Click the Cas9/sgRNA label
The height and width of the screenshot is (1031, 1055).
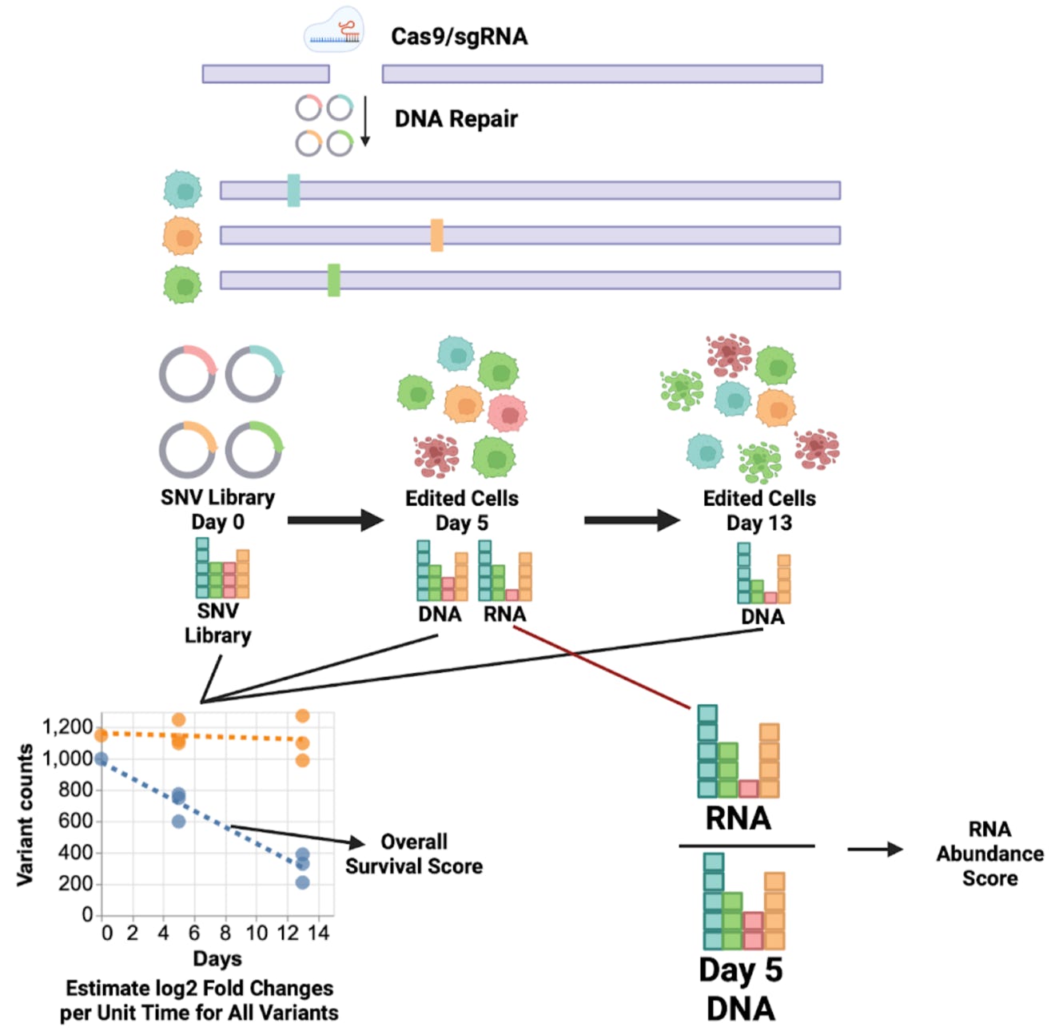pos(459,37)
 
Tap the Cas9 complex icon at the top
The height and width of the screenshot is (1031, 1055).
pos(334,30)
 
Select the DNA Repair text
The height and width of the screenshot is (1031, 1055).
pos(456,119)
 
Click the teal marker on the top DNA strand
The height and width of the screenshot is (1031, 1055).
pos(293,190)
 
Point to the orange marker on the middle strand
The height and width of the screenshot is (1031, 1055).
pos(436,235)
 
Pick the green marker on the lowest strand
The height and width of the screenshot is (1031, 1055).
pos(333,280)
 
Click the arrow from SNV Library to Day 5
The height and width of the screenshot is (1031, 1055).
pos(335,520)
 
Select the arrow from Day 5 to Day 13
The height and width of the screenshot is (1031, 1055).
pos(631,520)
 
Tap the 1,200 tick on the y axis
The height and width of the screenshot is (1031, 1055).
pos(68,726)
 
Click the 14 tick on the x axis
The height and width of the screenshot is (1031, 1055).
pos(318,933)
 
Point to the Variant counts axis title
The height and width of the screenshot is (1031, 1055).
pos(26,814)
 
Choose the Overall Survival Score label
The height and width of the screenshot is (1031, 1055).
pos(413,854)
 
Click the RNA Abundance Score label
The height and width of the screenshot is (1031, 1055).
pos(989,854)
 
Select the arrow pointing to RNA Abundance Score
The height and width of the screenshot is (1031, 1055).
pos(874,849)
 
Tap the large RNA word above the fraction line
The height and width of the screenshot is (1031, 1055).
pos(738,818)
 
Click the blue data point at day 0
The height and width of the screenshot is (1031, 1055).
pos(101,758)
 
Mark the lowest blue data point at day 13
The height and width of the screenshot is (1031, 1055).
pos(302,882)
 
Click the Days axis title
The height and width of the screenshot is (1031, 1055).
pos(217,957)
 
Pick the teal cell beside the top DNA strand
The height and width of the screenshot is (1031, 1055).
pos(183,190)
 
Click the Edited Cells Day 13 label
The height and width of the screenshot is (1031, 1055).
pos(758,510)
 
